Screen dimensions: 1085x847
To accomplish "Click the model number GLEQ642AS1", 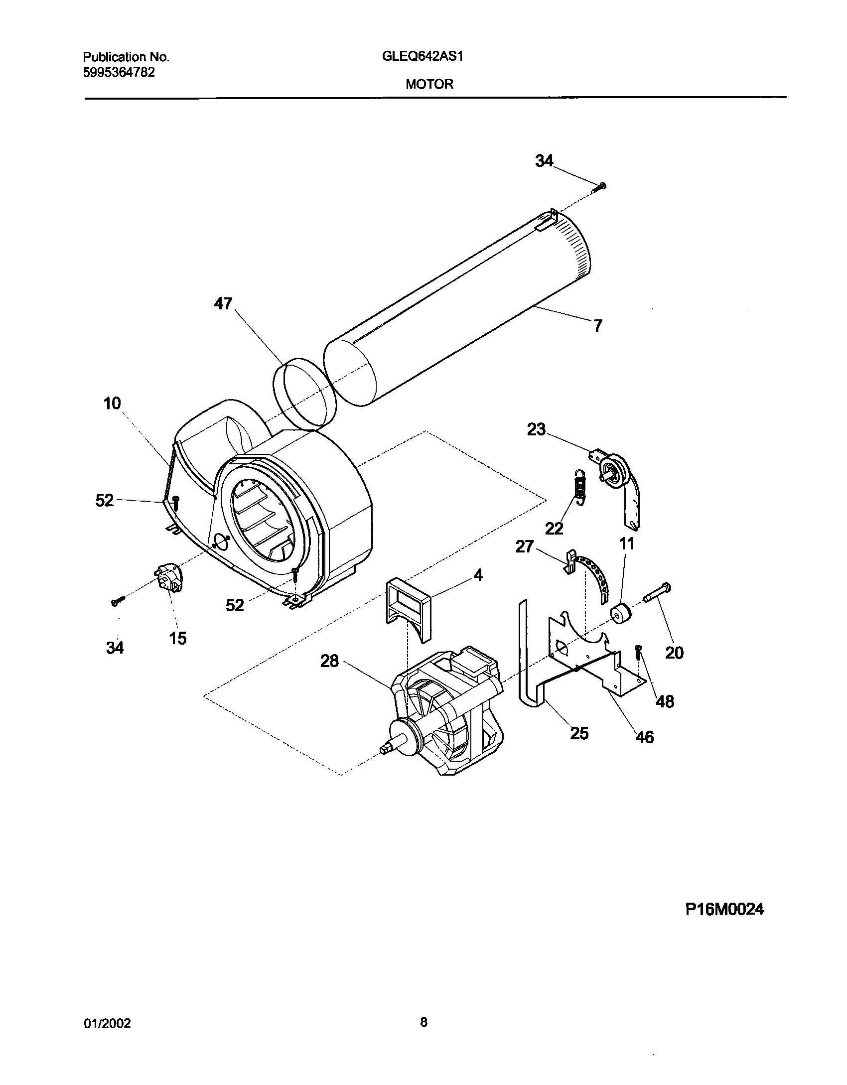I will [423, 56].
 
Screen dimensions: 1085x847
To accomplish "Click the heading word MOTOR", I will [429, 84].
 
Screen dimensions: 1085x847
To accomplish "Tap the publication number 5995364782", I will [118, 73].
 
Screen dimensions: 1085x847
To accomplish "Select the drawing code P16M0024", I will [724, 910].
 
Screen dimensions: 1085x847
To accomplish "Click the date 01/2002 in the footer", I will [107, 1023].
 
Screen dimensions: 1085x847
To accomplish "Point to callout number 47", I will [223, 303].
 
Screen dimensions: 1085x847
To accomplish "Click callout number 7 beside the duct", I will [597, 326].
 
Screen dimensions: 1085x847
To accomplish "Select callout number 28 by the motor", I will [329, 661].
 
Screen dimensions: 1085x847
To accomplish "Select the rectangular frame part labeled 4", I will [409, 606].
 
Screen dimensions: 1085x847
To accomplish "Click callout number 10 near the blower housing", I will [112, 403].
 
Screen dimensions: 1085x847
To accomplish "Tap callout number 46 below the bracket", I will [644, 737].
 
